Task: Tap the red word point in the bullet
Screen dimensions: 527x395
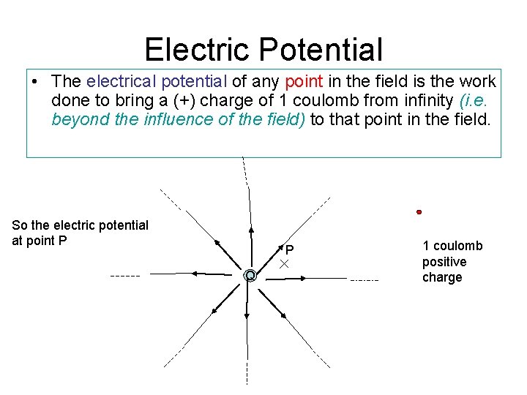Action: tap(304, 81)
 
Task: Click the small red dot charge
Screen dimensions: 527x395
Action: tap(419, 212)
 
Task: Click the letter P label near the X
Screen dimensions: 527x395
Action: tap(290, 249)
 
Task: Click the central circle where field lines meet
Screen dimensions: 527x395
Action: tap(250, 276)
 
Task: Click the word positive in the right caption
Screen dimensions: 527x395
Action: tap(444, 262)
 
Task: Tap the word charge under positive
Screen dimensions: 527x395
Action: tap(442, 277)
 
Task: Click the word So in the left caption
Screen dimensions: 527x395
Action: tap(19, 225)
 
